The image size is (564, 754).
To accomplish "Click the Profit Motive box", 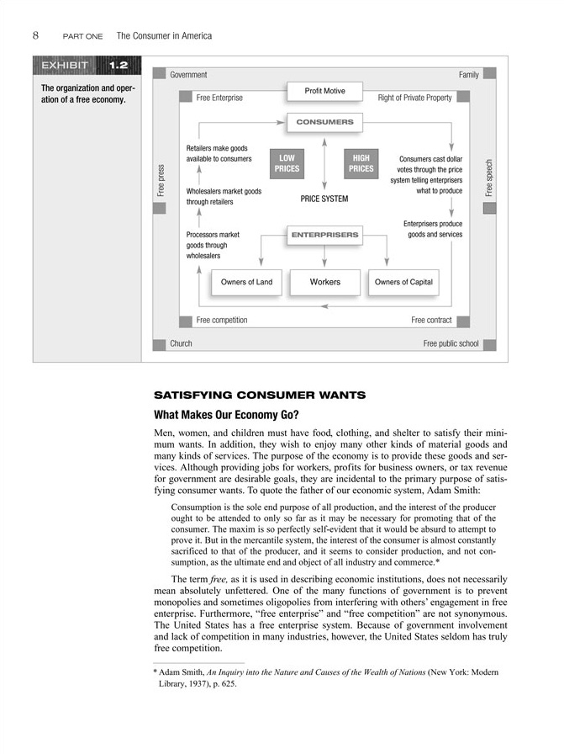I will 324,91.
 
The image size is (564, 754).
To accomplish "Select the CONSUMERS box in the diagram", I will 324,123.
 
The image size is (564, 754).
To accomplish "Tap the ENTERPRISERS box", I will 324,234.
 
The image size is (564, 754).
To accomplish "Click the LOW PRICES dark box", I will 287,163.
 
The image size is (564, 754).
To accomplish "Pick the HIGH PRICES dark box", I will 361,163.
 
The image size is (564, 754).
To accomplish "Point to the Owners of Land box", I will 246,282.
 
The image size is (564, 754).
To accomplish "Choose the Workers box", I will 324,282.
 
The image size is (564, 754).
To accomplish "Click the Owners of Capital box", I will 404,282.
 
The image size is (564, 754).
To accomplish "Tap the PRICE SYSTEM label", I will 324,199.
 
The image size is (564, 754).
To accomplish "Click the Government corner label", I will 188,75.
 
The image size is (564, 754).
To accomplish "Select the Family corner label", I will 468,75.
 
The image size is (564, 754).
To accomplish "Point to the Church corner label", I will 181,343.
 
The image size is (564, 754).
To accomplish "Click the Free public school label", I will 451,343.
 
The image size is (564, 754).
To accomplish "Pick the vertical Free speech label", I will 489,179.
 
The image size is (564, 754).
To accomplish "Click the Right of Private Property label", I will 414,98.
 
